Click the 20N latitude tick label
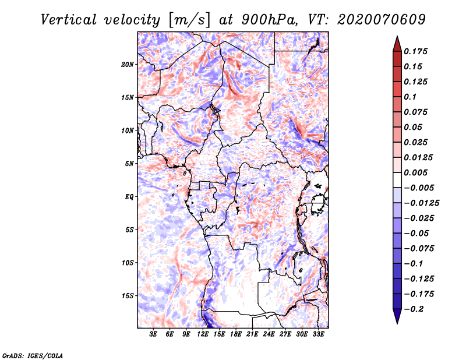[x=127, y=65]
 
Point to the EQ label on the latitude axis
[x=129, y=197]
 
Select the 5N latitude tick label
[x=129, y=164]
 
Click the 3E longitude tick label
[x=153, y=334]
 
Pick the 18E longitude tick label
[x=236, y=334]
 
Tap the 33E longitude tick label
[x=318, y=334]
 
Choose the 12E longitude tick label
[x=203, y=334]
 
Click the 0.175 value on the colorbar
[x=415, y=51]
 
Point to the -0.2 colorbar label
[x=414, y=309]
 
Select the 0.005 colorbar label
[x=415, y=172]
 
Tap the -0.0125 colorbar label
[x=421, y=203]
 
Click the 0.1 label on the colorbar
[x=410, y=97]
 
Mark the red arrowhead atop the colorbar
[x=397, y=44]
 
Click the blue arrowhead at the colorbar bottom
[x=397, y=316]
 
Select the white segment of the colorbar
[x=397, y=180]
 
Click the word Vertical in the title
[x=69, y=20]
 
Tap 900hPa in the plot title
[x=269, y=20]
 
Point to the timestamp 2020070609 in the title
[x=382, y=20]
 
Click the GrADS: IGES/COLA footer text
[x=33, y=356]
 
